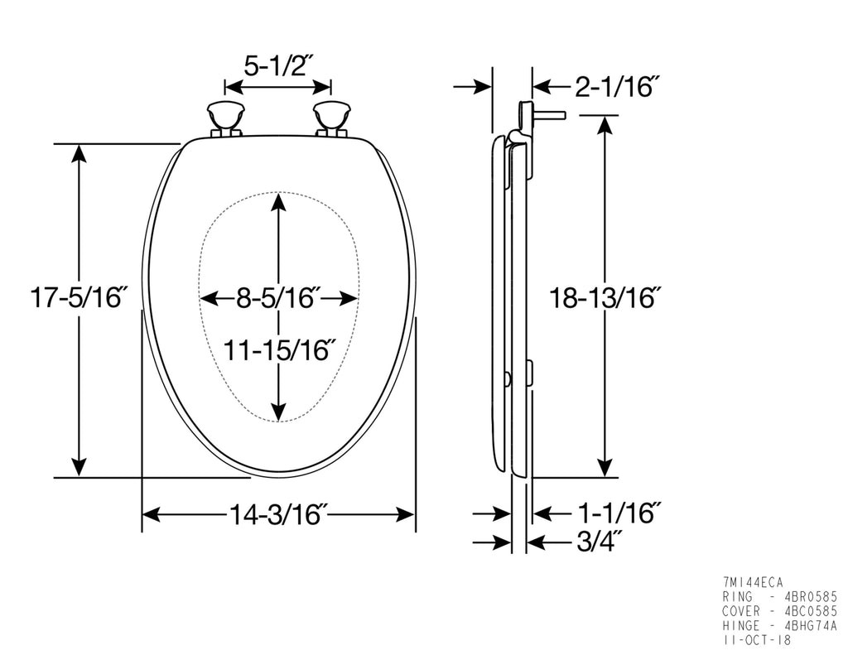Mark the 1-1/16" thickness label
point(619,513)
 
